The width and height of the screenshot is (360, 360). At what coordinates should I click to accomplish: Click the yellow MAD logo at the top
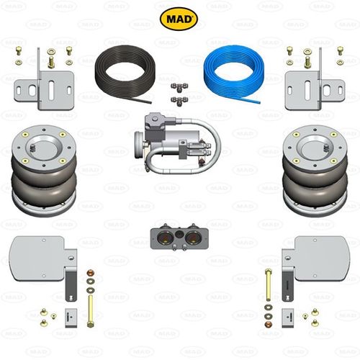(179, 19)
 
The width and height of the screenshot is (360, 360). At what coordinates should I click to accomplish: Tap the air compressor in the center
(178, 143)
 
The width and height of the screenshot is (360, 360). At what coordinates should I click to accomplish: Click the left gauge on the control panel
(165, 238)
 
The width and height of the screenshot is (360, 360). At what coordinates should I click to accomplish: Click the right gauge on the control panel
(193, 238)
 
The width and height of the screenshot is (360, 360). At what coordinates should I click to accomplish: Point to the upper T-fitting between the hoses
(179, 87)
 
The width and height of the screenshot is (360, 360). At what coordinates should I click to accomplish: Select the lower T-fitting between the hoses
(179, 100)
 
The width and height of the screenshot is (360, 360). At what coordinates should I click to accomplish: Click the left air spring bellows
(44, 171)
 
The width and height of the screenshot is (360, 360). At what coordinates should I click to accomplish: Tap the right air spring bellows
(315, 171)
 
